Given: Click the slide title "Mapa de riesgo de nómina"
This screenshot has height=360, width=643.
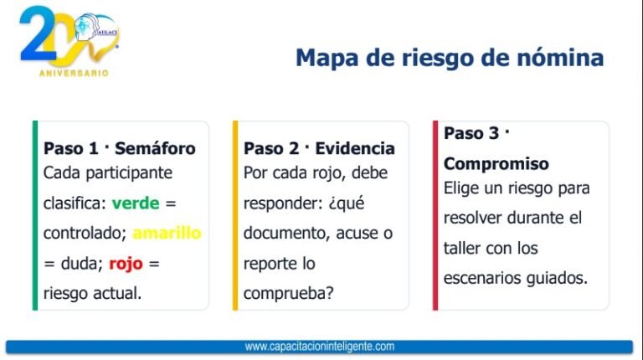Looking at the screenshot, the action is [450, 58].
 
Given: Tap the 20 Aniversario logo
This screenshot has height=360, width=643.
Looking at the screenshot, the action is [69, 41].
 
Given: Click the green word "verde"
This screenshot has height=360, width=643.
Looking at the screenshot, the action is [136, 203].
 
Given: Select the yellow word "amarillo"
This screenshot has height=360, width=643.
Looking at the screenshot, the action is [167, 233].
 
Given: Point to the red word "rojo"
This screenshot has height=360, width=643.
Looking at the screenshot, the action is [126, 264].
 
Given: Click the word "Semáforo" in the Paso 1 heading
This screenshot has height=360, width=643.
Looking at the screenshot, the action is [155, 148].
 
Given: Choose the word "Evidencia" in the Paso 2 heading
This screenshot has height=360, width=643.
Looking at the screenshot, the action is [355, 148].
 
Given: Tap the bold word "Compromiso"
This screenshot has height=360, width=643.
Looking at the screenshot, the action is [496, 163].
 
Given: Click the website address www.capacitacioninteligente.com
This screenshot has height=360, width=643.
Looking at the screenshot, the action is [320, 347].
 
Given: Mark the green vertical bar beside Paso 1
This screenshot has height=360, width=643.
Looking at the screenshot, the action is [35, 215].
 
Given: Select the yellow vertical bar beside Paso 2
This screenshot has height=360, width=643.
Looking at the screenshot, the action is [235, 215].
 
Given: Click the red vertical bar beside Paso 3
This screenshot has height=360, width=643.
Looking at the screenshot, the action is [435, 215].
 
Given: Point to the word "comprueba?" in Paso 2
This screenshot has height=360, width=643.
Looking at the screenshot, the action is [289, 294].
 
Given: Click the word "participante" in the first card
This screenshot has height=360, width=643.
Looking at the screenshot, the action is [129, 173].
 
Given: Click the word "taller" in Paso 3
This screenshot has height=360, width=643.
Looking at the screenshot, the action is [461, 248].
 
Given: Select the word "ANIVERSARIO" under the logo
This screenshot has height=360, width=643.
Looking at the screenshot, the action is [74, 73].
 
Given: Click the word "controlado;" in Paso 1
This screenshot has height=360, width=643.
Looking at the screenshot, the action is [85, 234].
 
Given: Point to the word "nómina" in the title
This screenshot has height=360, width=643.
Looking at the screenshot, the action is [560, 58].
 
